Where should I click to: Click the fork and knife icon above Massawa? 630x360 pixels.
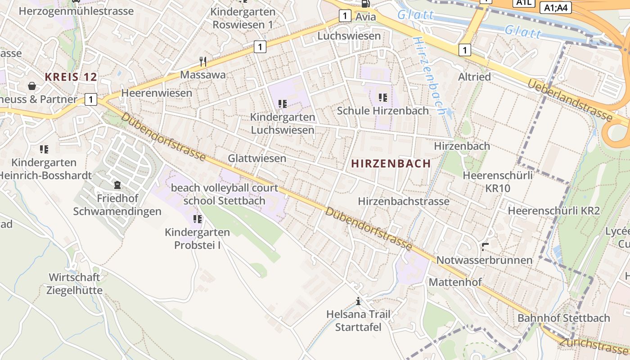tap(203, 61)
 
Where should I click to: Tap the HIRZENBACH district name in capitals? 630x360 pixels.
tap(391, 164)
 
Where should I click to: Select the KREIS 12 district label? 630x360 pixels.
tap(71, 77)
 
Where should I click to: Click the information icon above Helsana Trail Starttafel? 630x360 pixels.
tap(358, 301)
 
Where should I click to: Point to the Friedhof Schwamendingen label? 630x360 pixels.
tap(117, 205)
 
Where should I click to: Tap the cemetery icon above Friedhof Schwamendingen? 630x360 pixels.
tap(117, 184)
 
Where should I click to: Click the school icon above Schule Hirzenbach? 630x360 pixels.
tap(383, 97)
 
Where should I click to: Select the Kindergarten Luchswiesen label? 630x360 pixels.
tap(283, 124)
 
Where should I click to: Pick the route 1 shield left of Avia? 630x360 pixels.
tap(345, 16)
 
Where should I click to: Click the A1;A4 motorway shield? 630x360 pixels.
tap(555, 8)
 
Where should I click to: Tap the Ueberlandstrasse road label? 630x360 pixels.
tap(570, 100)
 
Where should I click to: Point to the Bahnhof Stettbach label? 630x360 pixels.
tap(563, 318)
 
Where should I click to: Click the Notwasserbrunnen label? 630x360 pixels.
tap(484, 260)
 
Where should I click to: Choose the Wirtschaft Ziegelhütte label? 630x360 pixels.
tap(75, 283)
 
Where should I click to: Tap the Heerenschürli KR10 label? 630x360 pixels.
tap(498, 182)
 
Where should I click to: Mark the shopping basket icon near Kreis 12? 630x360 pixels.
tap(32, 85)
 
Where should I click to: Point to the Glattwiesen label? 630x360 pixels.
tap(257, 158)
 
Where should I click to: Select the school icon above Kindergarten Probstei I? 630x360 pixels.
tap(197, 219)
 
